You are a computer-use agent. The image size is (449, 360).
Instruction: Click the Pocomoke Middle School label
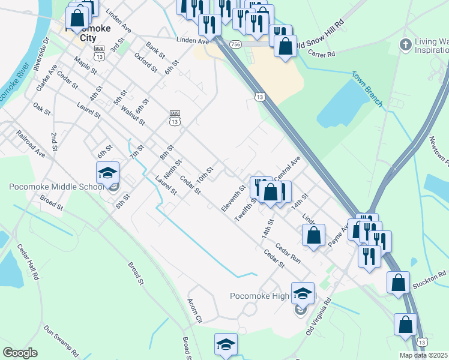coord(57,187)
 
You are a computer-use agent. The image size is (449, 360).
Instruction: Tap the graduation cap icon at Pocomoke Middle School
coord(108,173)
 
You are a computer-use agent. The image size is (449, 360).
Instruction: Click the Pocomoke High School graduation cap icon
coord(303,294)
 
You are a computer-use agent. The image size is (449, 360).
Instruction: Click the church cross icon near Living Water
coord(406,45)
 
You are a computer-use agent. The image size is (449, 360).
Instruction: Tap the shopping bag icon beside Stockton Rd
coord(398,283)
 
